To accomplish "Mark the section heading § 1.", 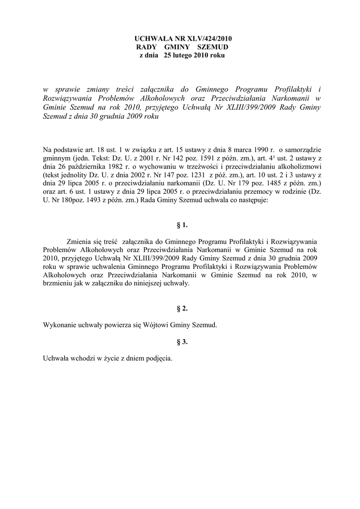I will click(182, 225).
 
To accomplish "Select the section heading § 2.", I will click(182, 309).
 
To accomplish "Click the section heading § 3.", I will click(182, 341).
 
